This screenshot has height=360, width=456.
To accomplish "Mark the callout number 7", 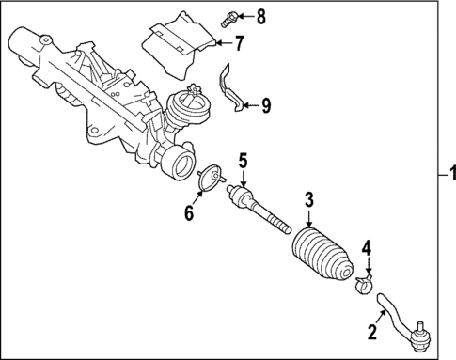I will click(x=239, y=42).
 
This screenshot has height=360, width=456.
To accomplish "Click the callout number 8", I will click(x=260, y=15).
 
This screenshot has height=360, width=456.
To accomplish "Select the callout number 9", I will click(x=266, y=104).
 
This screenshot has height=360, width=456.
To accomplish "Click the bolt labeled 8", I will click(x=229, y=16).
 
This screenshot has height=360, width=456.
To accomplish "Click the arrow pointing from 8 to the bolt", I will click(x=245, y=16).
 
